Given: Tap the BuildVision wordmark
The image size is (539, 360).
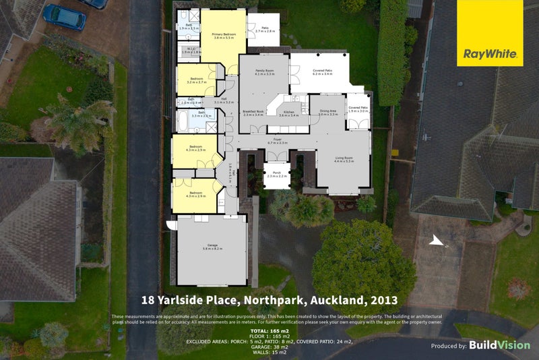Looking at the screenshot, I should (x=500, y=345).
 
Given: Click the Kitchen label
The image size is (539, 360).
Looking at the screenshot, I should (x=289, y=113).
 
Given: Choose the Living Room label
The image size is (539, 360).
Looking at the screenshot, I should (x=344, y=159).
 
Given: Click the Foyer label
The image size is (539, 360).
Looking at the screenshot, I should (x=278, y=141).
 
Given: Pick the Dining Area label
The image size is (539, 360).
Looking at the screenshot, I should (x=327, y=113).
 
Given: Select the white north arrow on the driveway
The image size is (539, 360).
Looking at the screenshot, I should (x=437, y=241).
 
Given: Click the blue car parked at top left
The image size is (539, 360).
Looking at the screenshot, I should (x=63, y=16).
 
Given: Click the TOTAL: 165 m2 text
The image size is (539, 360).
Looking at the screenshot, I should (x=269, y=332).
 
